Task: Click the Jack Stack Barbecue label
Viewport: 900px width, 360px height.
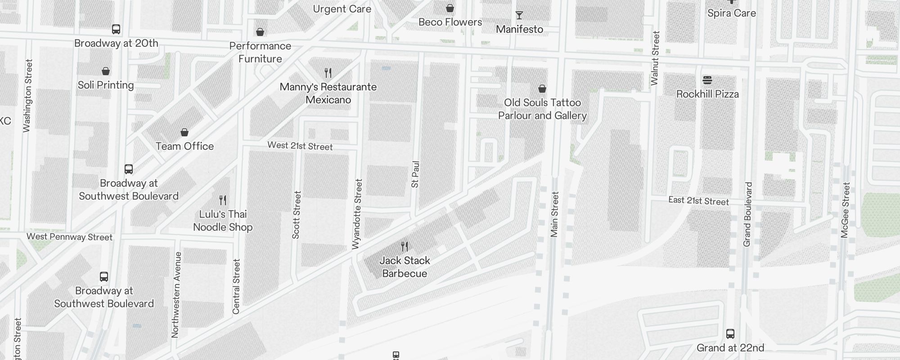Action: pyautogui.click(x=405, y=267)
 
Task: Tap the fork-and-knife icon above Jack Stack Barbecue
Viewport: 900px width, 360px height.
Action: pyautogui.click(x=405, y=247)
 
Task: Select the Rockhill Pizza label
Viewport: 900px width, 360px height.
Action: pyautogui.click(x=707, y=94)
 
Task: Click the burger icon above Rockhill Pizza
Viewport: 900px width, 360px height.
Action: pyautogui.click(x=707, y=81)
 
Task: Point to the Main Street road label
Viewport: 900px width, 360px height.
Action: pyautogui.click(x=554, y=214)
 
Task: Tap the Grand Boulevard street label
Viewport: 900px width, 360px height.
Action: pyautogui.click(x=747, y=214)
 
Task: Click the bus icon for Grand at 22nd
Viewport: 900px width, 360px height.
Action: pyautogui.click(x=730, y=334)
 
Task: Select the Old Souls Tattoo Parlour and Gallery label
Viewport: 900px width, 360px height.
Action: pyautogui.click(x=542, y=109)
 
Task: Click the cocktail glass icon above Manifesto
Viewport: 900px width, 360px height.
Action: pyautogui.click(x=519, y=16)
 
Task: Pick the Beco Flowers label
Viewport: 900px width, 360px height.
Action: pyautogui.click(x=450, y=22)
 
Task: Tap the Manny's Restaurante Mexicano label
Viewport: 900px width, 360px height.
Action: pyautogui.click(x=328, y=93)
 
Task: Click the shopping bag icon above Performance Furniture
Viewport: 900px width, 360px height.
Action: pyautogui.click(x=260, y=32)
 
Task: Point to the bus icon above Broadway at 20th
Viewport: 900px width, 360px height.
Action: pyautogui.click(x=116, y=30)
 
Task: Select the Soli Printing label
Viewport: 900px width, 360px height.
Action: pyautogui.click(x=106, y=85)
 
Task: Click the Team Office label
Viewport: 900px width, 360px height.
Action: pyautogui.click(x=184, y=146)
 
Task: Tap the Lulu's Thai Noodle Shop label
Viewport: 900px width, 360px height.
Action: pyautogui.click(x=223, y=220)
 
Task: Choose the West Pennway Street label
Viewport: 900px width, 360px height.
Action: pyautogui.click(x=69, y=237)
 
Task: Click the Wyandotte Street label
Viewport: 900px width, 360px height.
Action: pyautogui.click(x=357, y=214)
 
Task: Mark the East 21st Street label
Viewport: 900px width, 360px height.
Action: pyautogui.click(x=698, y=201)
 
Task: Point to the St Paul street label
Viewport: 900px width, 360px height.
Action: pyautogui.click(x=415, y=174)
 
